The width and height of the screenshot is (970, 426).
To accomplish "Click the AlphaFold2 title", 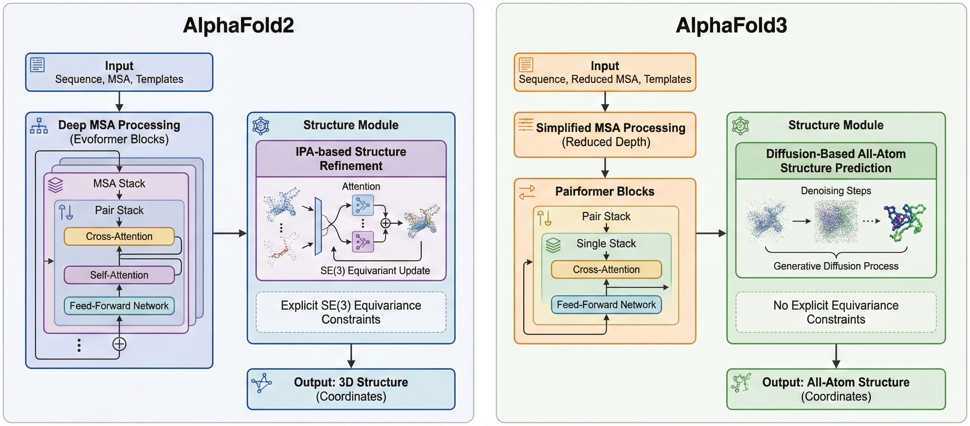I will click(x=238, y=25).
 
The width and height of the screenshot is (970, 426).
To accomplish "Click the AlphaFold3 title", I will click(x=731, y=25).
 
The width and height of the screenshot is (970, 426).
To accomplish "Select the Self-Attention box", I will click(x=119, y=275).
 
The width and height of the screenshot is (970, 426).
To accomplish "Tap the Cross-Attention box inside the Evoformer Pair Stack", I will click(x=119, y=236).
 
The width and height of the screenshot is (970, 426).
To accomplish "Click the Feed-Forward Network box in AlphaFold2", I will click(x=119, y=306).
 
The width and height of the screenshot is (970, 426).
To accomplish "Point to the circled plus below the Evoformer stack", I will click(x=119, y=344).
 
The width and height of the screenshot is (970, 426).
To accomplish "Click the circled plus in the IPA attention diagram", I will click(x=385, y=223).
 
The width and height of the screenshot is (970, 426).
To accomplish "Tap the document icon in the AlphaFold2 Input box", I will click(x=37, y=65).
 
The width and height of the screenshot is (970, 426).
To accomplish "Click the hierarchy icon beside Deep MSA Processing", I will click(x=39, y=126).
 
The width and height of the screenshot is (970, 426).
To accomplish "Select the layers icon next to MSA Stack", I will click(x=55, y=184).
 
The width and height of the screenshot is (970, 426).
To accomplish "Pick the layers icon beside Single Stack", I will click(x=553, y=245).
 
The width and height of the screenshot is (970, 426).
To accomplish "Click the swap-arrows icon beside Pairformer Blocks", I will click(x=527, y=192).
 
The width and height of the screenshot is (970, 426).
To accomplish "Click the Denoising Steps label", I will click(x=835, y=190).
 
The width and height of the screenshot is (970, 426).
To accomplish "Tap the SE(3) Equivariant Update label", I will click(x=375, y=270).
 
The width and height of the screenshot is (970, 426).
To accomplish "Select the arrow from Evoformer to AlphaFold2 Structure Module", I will click(x=230, y=233).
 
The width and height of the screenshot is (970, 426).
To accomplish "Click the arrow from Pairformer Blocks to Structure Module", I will click(x=711, y=233).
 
